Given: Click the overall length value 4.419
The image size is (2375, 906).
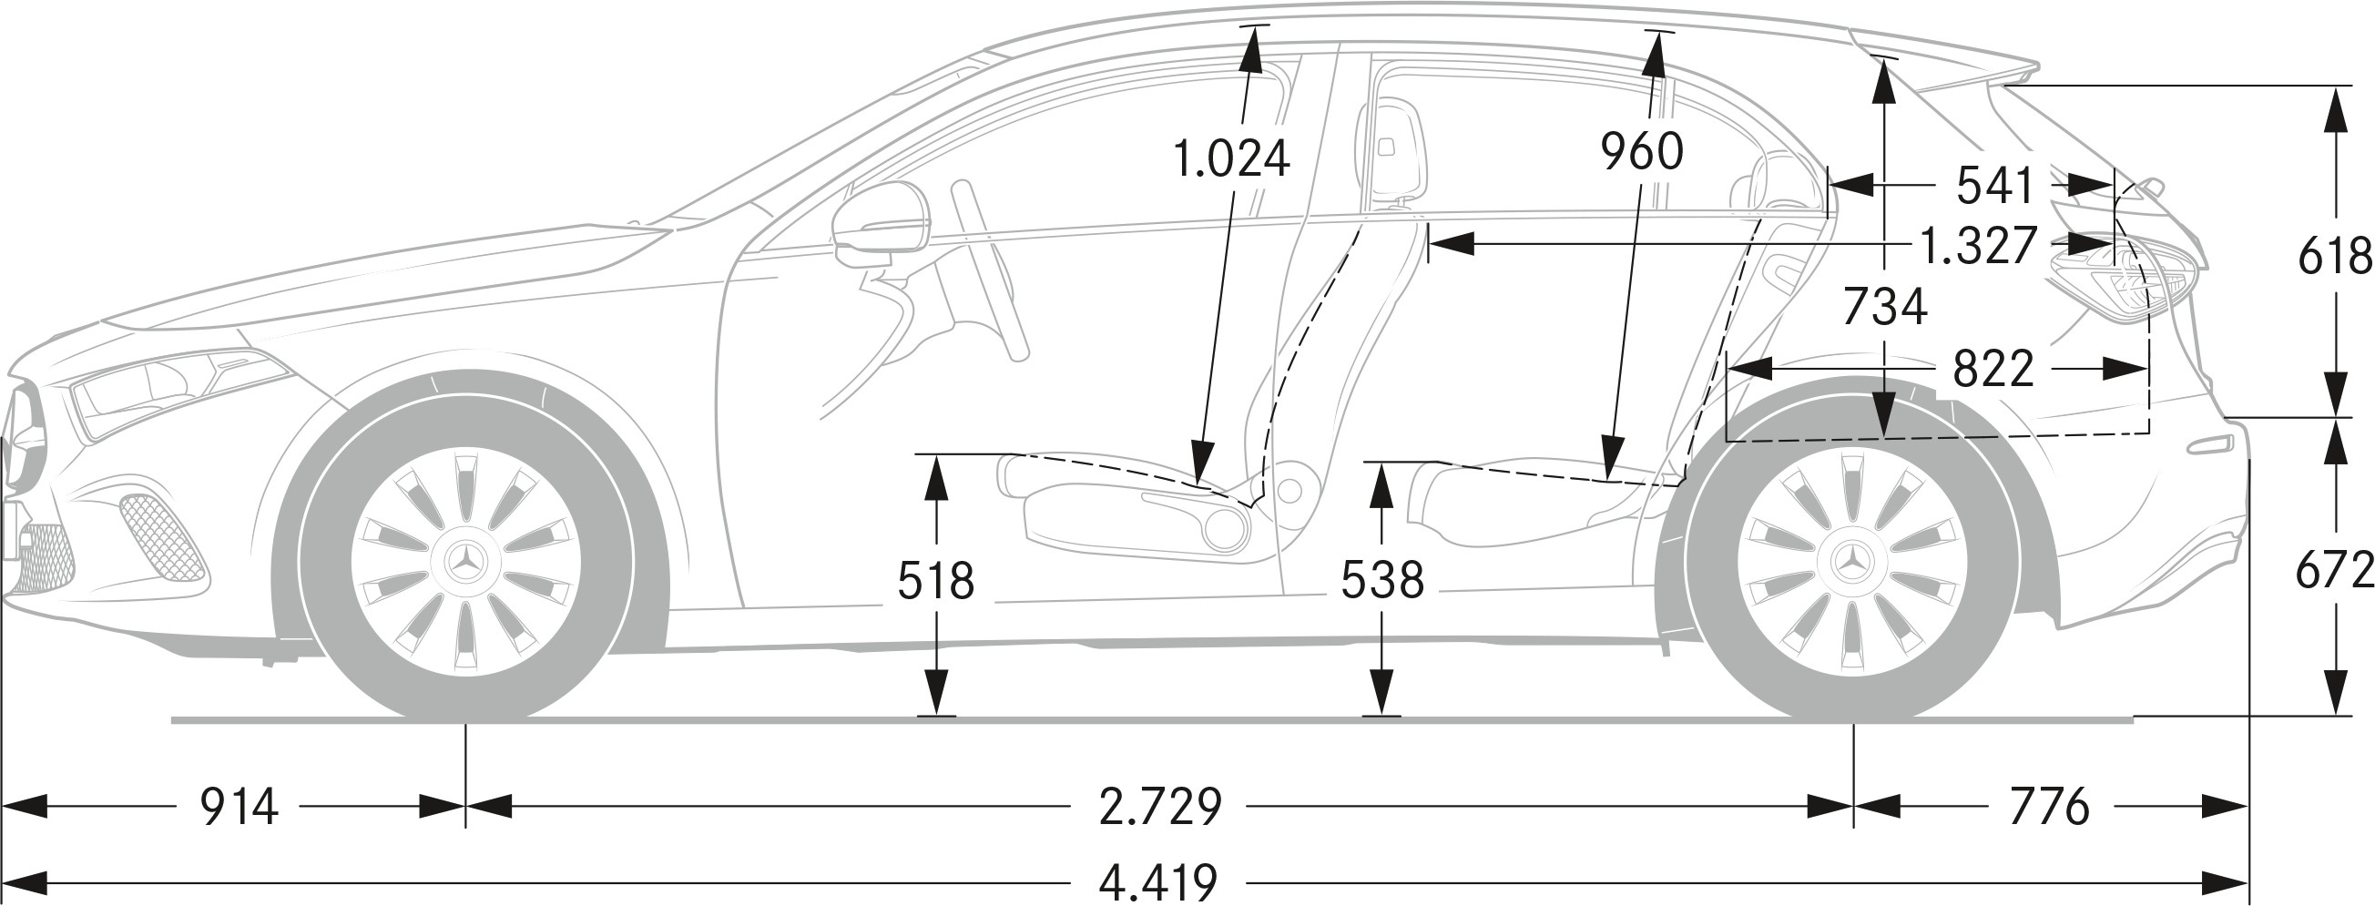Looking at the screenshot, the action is pyautogui.click(x=1158, y=883).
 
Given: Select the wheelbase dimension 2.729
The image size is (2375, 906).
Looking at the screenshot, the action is pyautogui.click(x=1160, y=807).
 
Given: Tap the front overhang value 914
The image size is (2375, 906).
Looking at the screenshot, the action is pyautogui.click(x=239, y=807).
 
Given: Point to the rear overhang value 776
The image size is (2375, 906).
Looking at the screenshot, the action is pyautogui.click(x=2050, y=807).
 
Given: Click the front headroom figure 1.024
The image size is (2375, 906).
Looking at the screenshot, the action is pyautogui.click(x=1231, y=158).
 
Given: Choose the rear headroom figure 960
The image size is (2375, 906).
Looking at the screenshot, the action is pyautogui.click(x=1642, y=151).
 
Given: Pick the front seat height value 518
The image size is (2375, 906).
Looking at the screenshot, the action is pyautogui.click(x=936, y=581).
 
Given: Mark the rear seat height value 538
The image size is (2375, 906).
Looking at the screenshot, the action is pyautogui.click(x=1382, y=581).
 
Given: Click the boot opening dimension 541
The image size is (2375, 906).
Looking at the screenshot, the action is pyautogui.click(x=1995, y=185).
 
